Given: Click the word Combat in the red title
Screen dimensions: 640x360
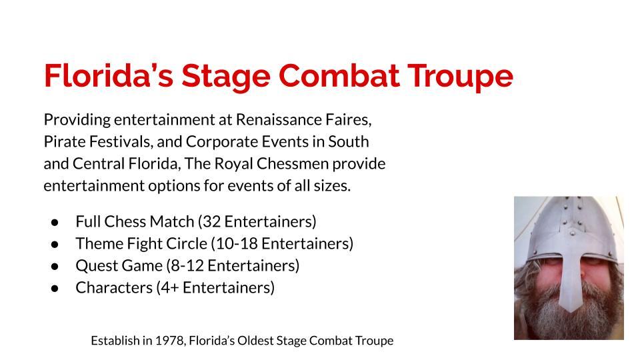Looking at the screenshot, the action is tap(339, 75).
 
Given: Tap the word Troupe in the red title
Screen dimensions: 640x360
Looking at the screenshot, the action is tap(461, 77).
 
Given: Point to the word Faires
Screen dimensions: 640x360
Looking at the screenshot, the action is tap(348, 119).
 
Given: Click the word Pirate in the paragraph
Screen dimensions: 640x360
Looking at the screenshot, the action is tap(65, 141).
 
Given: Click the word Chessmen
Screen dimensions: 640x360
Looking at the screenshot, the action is tap(292, 164).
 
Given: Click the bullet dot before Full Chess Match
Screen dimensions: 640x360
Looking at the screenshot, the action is tap(55, 223).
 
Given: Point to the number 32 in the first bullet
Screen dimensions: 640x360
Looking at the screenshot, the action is tap(211, 221).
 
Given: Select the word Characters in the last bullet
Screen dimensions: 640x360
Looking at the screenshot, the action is tap(114, 288).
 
